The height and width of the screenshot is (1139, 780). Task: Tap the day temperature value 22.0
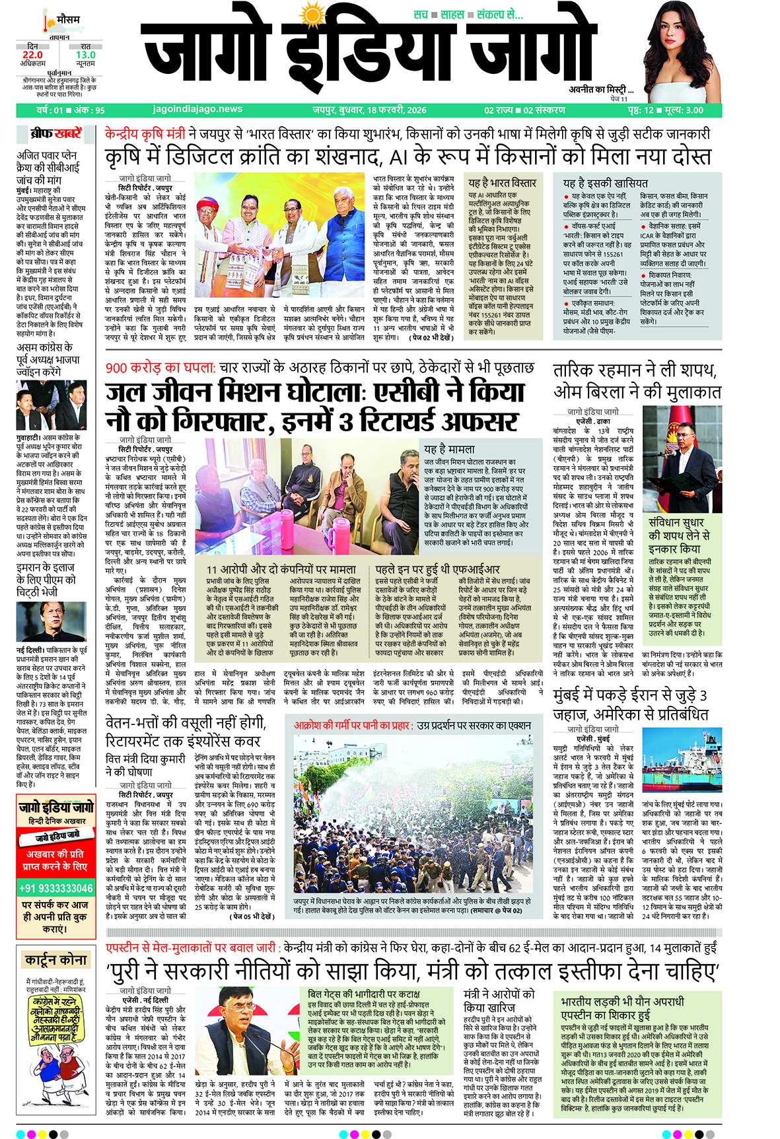tap(32, 55)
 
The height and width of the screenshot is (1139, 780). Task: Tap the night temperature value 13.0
tap(85, 55)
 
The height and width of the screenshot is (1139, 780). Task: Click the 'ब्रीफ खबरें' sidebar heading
tap(55, 134)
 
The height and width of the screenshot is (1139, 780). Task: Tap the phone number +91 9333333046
tap(55, 888)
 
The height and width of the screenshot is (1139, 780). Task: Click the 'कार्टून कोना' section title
tap(55, 960)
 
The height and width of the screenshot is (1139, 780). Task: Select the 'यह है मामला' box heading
tap(449, 449)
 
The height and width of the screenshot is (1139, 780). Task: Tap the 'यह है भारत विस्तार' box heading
tap(502, 183)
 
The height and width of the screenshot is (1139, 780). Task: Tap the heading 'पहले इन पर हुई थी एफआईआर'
tap(437, 569)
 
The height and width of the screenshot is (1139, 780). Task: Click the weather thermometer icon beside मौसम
tap(46, 22)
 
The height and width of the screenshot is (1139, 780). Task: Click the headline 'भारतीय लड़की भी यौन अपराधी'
tap(622, 1002)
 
